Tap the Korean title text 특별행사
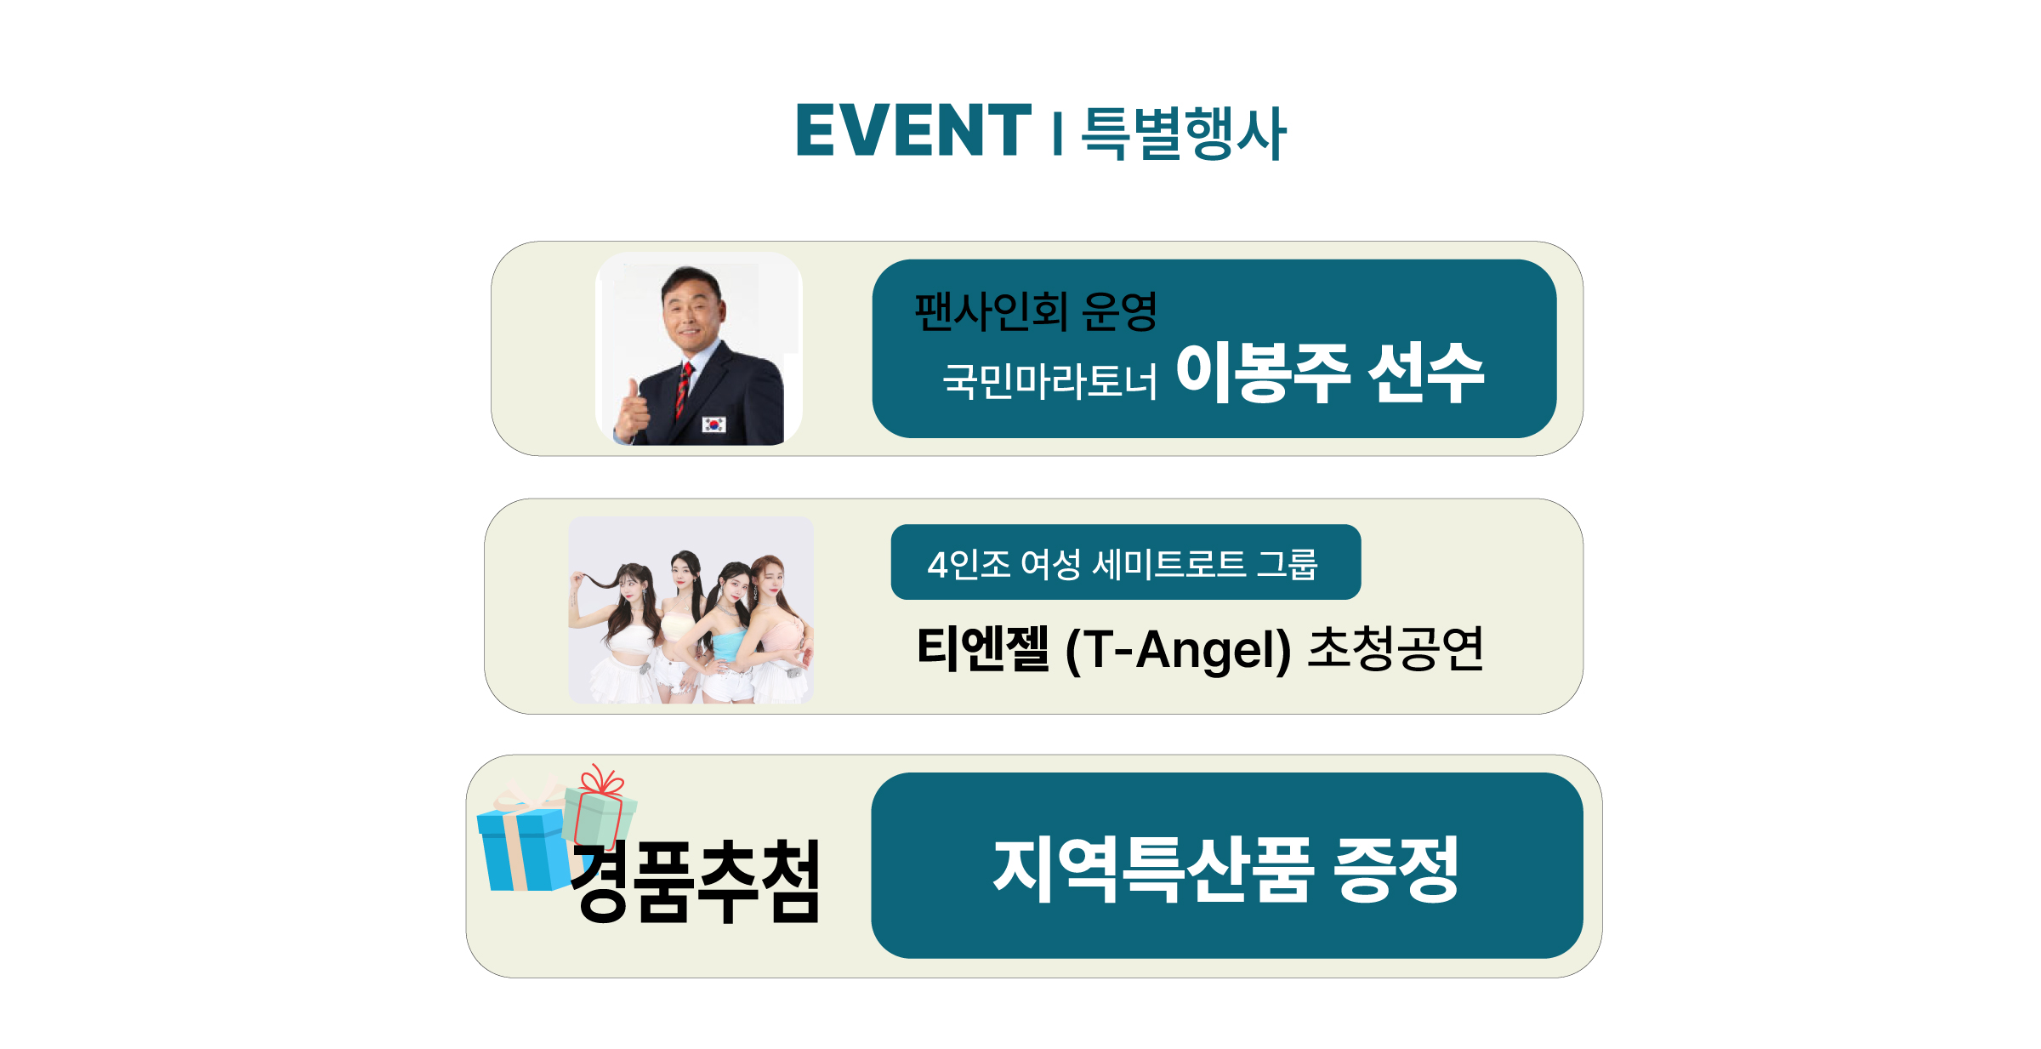1184,133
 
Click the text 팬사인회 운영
1036,311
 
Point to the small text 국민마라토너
1049,380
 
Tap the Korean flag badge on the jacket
713,424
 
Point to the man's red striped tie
683,391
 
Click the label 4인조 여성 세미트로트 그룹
1123,564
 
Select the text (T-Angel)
1178,651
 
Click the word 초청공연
1396,649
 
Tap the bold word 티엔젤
983,649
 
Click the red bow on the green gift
601,779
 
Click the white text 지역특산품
1154,869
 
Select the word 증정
1396,869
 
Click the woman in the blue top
727,630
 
